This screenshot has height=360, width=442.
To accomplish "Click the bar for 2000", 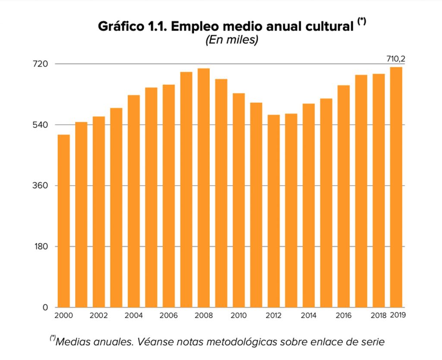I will click(64, 221).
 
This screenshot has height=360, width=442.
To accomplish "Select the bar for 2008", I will click(204, 188).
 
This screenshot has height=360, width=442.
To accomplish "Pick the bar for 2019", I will click(396, 187).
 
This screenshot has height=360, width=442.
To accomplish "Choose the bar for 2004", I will click(134, 201).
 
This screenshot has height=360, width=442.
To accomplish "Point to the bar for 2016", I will click(344, 196).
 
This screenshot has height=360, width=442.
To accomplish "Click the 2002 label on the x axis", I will click(98, 316).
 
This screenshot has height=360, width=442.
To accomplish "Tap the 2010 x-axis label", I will click(238, 316).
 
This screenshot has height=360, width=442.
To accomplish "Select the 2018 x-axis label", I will click(379, 316).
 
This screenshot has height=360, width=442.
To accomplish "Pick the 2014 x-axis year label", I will click(308, 316).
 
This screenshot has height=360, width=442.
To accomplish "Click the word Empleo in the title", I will click(198, 26).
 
